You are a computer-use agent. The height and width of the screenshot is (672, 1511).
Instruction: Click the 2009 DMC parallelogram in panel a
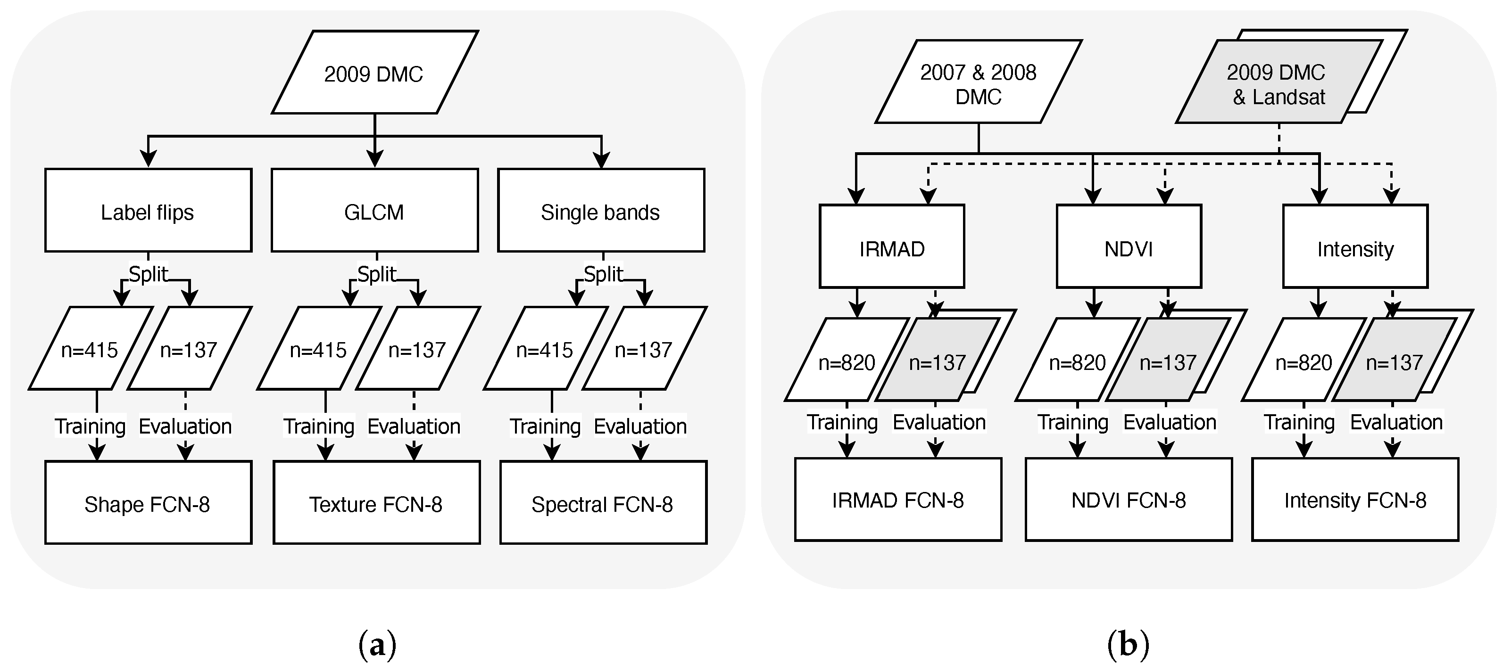[374, 73]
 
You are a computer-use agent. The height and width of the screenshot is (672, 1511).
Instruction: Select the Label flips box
[148, 211]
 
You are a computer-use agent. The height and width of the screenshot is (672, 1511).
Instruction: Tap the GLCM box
[374, 211]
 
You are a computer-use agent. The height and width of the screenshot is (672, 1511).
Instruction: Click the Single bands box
[601, 211]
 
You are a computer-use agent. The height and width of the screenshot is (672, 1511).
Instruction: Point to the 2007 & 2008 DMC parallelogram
[978, 82]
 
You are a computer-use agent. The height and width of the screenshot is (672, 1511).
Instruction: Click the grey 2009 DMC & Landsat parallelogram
[1276, 82]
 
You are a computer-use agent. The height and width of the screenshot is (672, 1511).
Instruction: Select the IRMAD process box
[892, 247]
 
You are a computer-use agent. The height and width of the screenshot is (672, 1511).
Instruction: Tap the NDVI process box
[1129, 247]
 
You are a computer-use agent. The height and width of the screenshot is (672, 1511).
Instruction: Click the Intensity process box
[1355, 247]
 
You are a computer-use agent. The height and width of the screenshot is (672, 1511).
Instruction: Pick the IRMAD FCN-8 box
[898, 499]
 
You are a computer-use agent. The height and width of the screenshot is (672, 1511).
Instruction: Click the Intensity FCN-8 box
[1355, 499]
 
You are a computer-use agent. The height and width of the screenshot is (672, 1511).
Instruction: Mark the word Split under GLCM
[377, 274]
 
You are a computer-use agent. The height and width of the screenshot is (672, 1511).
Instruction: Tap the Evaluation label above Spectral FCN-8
[640, 426]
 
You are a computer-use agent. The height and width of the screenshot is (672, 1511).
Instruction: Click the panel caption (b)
[1128, 644]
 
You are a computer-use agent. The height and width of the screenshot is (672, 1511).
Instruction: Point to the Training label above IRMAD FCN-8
[842, 422]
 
